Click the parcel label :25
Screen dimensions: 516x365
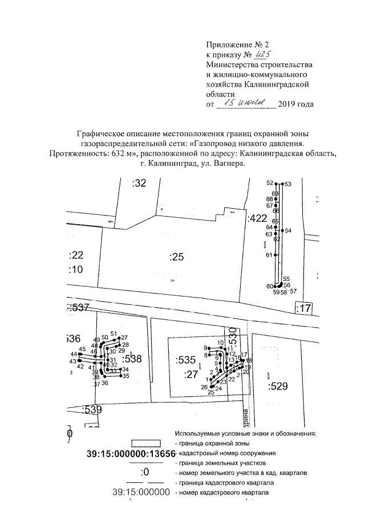coord(177,257)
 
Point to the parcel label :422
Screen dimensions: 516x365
coord(257,218)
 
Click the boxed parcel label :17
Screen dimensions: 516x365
coord(305,308)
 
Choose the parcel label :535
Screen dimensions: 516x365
coord(186,360)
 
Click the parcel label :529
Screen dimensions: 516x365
coord(277,387)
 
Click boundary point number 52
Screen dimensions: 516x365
coord(270,182)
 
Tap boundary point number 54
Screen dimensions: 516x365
coord(288,230)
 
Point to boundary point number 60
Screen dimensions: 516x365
coord(269,286)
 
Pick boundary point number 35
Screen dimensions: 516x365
coord(126,376)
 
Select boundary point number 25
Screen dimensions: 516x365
coord(211,392)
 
